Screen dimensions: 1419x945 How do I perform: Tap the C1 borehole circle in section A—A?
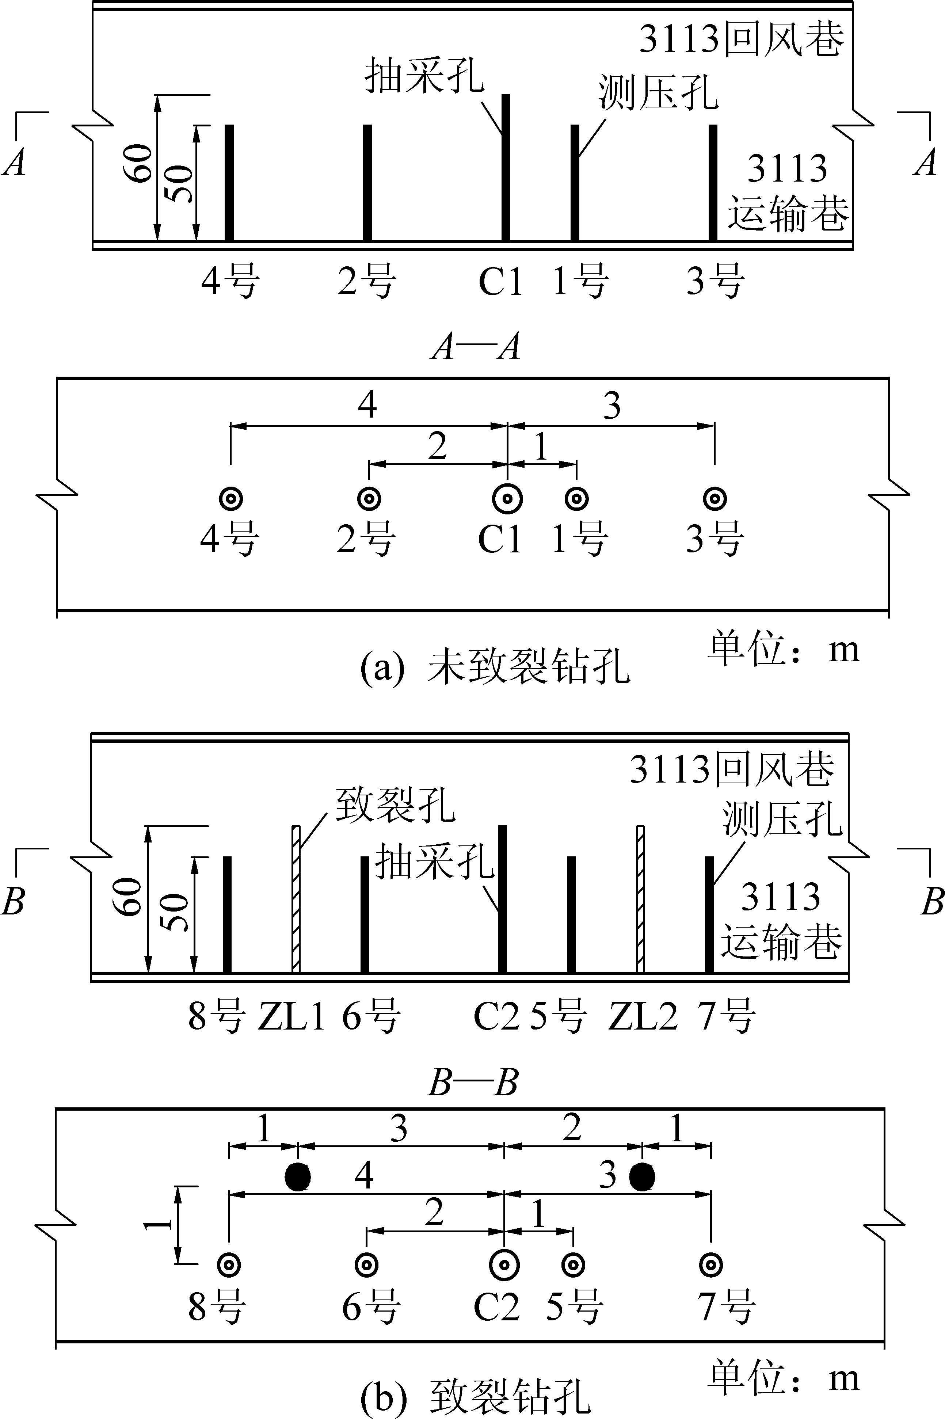click(x=507, y=499)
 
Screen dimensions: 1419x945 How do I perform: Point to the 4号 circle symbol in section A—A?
click(x=230, y=499)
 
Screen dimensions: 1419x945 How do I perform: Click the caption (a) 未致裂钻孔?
click(x=494, y=668)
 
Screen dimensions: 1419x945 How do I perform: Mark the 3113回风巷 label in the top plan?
click(x=741, y=41)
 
